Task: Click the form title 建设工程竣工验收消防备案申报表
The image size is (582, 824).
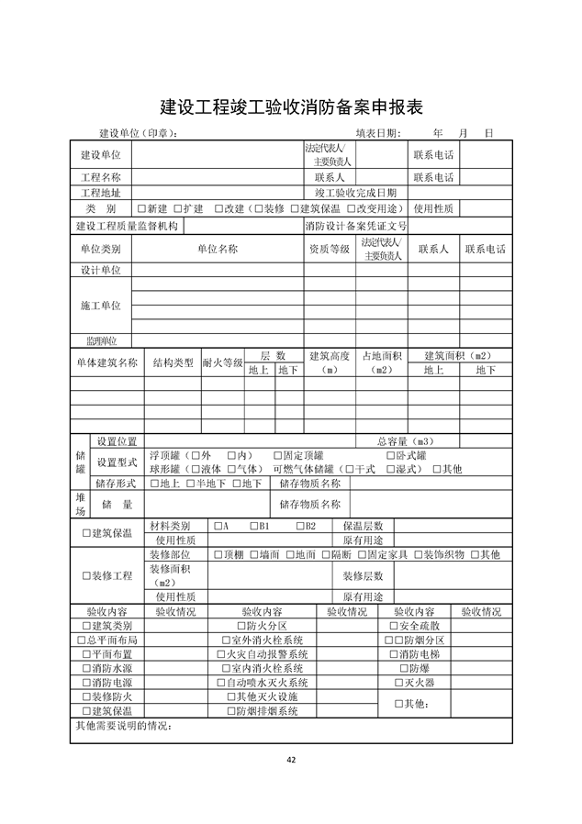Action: (291, 106)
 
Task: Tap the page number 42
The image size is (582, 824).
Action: (291, 759)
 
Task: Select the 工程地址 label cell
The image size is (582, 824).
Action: (101, 193)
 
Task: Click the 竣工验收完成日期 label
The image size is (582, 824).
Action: (356, 193)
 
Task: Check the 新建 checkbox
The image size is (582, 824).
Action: (140, 209)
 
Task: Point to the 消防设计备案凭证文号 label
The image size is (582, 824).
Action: (355, 227)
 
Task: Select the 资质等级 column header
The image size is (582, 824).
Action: (329, 249)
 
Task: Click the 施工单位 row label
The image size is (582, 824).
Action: (101, 306)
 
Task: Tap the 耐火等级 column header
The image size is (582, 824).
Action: (222, 362)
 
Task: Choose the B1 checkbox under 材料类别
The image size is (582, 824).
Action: (254, 526)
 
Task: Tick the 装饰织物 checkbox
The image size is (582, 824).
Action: (417, 555)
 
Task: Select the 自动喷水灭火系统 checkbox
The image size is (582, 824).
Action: (220, 683)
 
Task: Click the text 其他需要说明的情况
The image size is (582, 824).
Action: (124, 728)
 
